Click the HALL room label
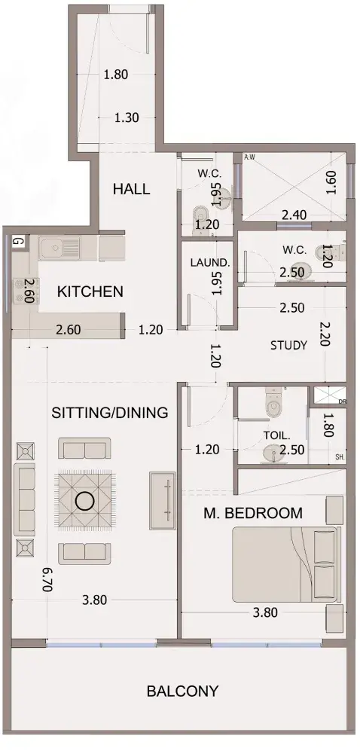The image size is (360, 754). [x=131, y=188]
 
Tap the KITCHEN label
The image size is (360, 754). [x=90, y=292]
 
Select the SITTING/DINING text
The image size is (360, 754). [x=110, y=412]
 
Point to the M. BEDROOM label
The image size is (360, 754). [x=253, y=513]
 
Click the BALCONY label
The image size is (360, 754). [x=182, y=691]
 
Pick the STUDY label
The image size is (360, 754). [x=288, y=345]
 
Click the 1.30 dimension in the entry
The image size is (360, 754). [x=127, y=118]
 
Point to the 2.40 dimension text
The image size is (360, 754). [x=294, y=215]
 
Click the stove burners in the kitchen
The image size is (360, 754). [x=22, y=291]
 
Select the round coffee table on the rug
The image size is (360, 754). [x=86, y=501]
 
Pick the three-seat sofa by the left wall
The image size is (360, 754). [x=25, y=499]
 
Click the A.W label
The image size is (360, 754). [x=249, y=157]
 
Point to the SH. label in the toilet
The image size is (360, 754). [x=340, y=458]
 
